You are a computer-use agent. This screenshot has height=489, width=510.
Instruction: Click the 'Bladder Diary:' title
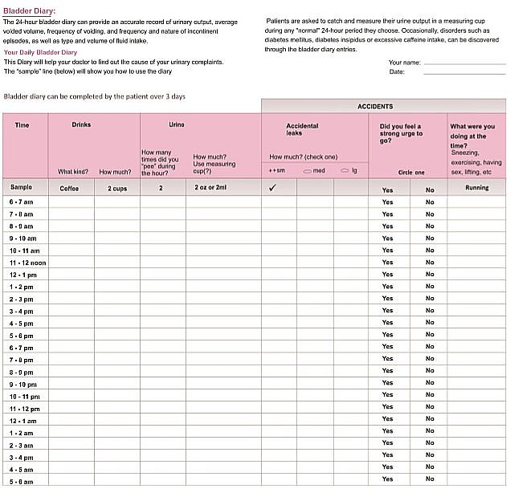[30, 10]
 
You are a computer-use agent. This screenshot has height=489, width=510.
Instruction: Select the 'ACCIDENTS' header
[375, 106]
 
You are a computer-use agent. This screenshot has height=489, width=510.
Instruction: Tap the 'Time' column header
[22, 125]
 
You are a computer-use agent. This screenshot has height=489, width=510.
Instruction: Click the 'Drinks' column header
[81, 125]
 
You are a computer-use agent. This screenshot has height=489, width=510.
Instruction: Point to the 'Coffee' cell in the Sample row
[70, 188]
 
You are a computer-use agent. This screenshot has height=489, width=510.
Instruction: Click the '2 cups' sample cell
[118, 188]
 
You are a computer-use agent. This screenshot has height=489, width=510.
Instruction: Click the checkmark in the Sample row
[272, 188]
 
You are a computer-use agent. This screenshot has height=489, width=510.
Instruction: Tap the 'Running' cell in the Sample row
[477, 188]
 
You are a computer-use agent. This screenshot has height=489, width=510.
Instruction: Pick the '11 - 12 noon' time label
[28, 263]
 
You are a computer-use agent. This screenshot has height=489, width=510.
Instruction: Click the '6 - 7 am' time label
[22, 202]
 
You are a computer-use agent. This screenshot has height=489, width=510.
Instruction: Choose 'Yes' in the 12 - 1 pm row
[388, 275]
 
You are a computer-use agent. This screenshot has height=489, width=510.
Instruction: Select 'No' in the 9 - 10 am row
[430, 238]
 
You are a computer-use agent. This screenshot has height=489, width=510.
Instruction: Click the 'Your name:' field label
[405, 62]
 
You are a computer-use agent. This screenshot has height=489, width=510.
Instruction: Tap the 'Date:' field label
[397, 71]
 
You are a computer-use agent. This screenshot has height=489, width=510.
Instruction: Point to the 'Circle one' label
[410, 172]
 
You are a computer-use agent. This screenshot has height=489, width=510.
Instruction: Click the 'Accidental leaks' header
[302, 129]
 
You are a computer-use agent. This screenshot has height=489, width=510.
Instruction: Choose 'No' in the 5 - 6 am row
[430, 479]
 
